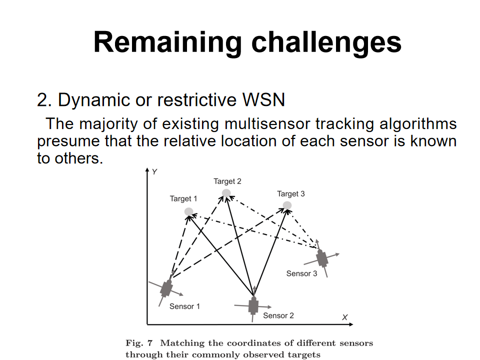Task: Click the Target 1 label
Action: [183, 198]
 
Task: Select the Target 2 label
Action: [227, 181]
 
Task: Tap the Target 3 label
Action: [291, 193]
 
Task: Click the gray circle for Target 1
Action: [188, 211]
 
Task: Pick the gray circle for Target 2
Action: [226, 193]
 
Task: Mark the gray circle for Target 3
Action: [287, 205]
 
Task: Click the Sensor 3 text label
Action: [301, 273]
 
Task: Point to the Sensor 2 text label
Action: [278, 315]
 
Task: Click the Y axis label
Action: [155, 172]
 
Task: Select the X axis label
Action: [344, 317]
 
